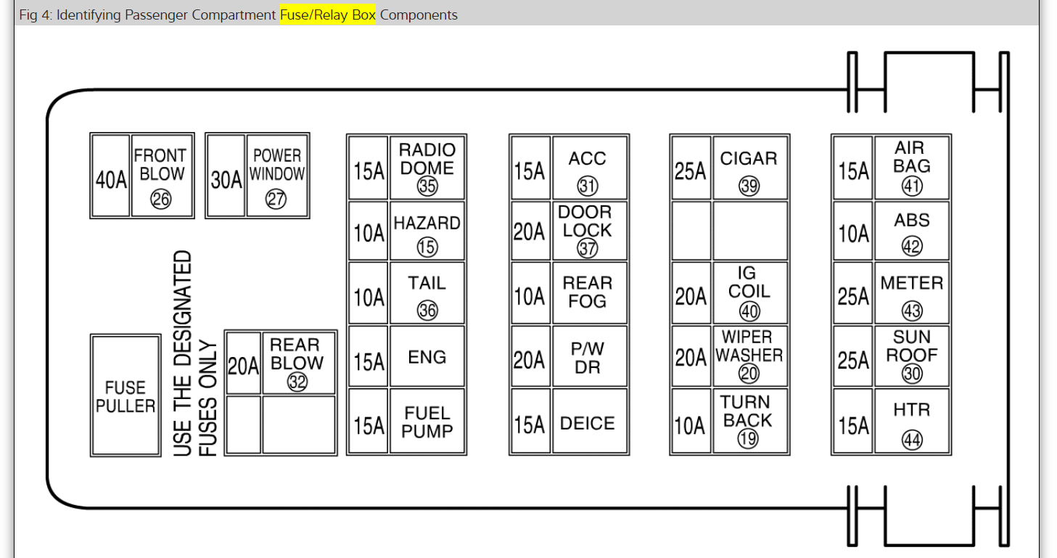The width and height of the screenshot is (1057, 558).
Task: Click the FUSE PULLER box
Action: coord(126,395)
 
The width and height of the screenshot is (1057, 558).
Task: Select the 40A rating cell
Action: coord(111,180)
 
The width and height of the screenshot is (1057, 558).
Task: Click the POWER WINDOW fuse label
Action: coord(277,165)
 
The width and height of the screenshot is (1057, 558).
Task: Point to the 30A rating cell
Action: coord(226,180)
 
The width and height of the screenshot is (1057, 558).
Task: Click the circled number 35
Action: coord(427,186)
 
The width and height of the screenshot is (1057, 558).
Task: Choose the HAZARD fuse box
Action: coord(427,231)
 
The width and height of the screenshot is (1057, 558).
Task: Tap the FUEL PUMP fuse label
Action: coord(427,422)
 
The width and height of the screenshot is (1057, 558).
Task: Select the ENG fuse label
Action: coord(427,357)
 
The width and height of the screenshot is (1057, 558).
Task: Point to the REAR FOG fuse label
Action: coord(588,292)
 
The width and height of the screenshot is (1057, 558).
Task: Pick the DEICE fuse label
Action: coord(588,423)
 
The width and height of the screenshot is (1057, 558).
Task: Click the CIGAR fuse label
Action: coord(749,158)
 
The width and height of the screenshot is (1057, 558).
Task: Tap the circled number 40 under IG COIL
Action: coord(749,311)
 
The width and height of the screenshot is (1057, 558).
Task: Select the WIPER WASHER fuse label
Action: coord(749,346)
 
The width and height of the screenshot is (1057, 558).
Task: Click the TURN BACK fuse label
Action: coord(748,411)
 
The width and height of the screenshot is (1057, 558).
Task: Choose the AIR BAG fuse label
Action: coord(911,157)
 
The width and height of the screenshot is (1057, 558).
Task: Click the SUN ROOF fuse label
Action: coord(912,346)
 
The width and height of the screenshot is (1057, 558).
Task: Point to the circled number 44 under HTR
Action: coord(912,439)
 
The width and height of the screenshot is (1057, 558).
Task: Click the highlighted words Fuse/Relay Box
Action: coord(328,15)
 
